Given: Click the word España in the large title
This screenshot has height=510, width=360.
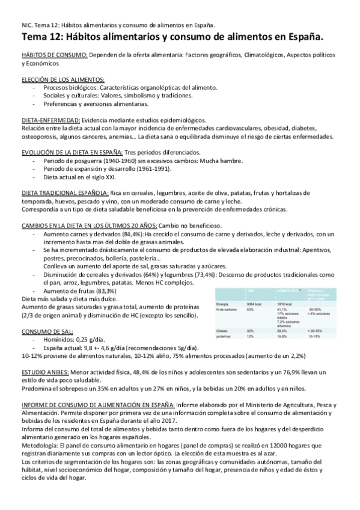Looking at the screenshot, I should click(301, 37).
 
